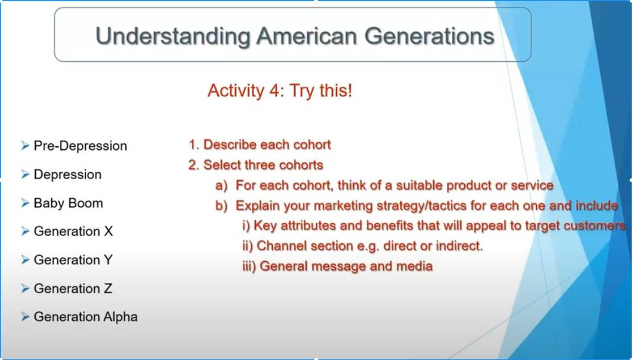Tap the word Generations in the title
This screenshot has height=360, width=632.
point(430,36)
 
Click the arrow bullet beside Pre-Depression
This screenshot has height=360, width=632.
point(25,146)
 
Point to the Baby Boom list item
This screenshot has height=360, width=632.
point(68,203)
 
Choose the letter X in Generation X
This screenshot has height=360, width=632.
point(108,232)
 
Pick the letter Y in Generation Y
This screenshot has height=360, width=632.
point(107,260)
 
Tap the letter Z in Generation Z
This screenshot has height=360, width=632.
point(107,288)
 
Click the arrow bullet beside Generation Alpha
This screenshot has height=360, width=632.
point(25,317)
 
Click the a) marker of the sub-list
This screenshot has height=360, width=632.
point(222,185)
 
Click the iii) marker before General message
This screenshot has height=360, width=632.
point(249,267)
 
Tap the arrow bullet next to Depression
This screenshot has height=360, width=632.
point(25,174)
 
